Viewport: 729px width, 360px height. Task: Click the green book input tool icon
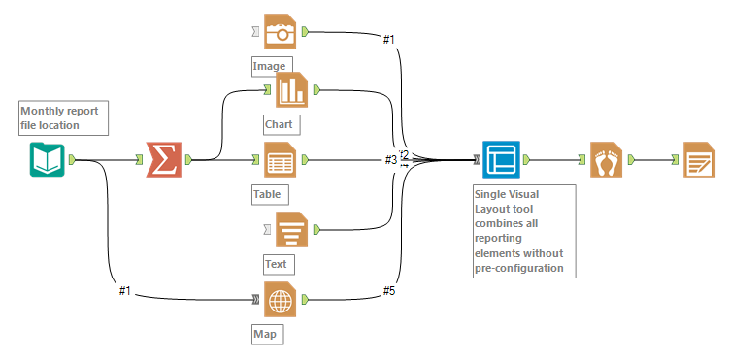pos(46,160)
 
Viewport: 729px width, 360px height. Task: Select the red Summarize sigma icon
pos(162,160)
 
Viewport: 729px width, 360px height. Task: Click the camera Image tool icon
pos(281,33)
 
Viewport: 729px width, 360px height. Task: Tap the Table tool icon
pos(281,160)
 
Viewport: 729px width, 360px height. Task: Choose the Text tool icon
pos(290,229)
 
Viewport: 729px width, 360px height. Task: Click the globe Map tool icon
pos(281,301)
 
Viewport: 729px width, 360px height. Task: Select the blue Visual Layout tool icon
pos(501,160)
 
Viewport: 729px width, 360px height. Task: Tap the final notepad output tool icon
pos(699,160)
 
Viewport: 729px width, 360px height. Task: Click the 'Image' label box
pos(270,67)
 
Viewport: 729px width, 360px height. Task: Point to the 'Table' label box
pos(268,194)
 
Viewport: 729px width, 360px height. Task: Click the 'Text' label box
pos(278,263)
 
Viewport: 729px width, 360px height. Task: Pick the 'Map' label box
pos(265,335)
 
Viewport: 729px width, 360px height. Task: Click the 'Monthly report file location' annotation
pos(62,117)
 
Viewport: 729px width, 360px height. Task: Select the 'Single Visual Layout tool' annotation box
pos(522,231)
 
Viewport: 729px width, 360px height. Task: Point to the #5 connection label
pos(389,290)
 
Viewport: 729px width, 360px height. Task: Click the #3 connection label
pos(390,159)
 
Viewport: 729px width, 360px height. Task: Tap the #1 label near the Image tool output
pos(388,39)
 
